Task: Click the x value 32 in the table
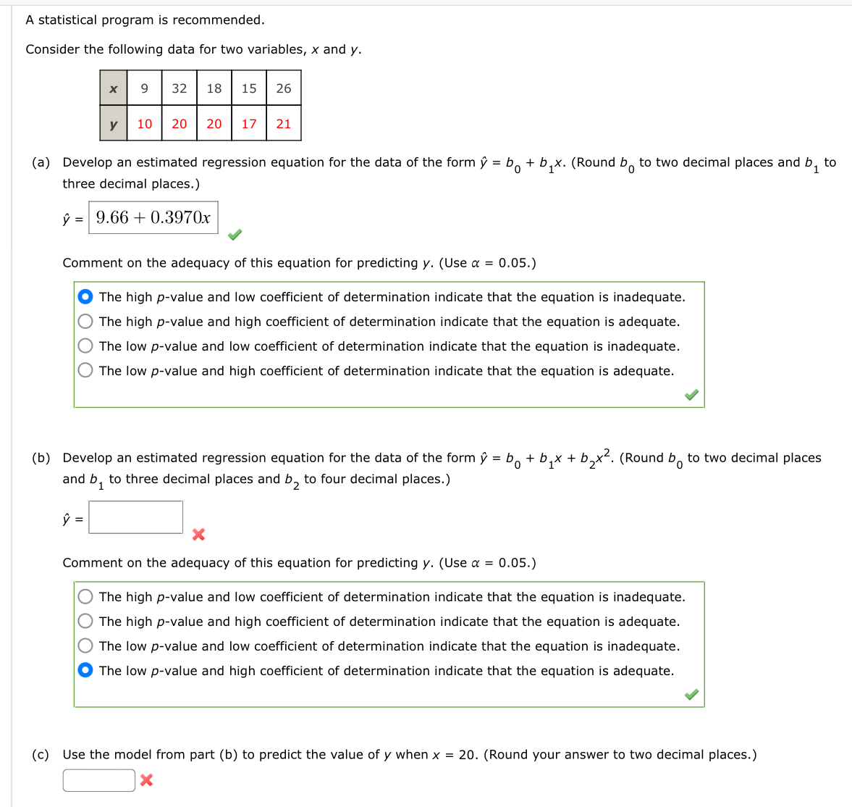coord(180,88)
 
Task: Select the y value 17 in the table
coord(249,124)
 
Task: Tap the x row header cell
coord(114,88)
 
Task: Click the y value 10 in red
coord(145,124)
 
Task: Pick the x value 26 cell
coord(284,88)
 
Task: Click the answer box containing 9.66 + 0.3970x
coord(153,217)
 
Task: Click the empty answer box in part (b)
coord(135,517)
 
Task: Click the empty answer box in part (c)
coord(98,780)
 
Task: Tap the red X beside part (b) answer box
coord(198,535)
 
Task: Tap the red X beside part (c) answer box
coord(146,780)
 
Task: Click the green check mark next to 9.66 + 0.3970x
coord(235,235)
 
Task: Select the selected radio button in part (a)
coord(85,297)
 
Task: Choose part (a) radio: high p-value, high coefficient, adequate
coord(85,322)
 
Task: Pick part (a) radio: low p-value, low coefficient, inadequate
coord(85,346)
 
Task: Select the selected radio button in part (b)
coord(85,671)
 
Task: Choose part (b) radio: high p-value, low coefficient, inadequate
coord(85,597)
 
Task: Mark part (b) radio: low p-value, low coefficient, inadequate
coord(85,646)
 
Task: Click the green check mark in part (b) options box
coord(691,695)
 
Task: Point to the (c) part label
coord(41,755)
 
